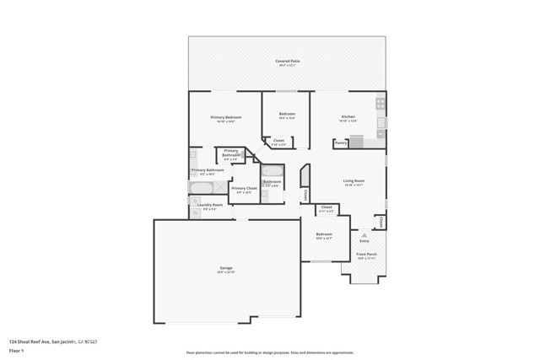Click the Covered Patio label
click(287, 62)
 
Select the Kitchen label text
click(348, 116)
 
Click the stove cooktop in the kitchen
click(381, 105)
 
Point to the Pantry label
click(341, 143)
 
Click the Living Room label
click(354, 180)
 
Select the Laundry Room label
click(210, 205)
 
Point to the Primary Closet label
click(244, 188)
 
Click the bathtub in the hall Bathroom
click(273, 171)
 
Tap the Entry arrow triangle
click(364, 235)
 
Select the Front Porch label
click(366, 254)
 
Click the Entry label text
click(364, 241)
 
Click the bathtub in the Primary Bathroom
click(202, 187)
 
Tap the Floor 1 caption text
click(17, 350)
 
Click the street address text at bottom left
click(52, 341)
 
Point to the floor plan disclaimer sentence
click(270, 352)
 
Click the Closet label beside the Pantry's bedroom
click(278, 141)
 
